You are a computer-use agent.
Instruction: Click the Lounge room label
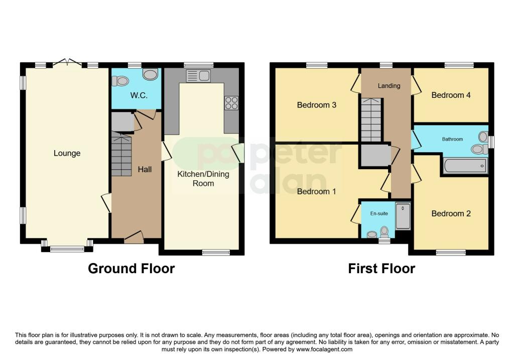pyautogui.click(x=67, y=153)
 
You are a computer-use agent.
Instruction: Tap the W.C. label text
pyautogui.click(x=139, y=95)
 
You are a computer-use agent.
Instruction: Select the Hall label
pyautogui.click(x=145, y=169)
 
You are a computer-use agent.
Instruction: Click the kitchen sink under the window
pyautogui.click(x=198, y=76)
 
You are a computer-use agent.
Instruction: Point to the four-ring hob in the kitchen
pyautogui.click(x=231, y=102)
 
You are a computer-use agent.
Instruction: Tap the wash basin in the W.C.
pyautogui.click(x=151, y=74)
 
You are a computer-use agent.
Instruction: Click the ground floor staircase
pyautogui.click(x=121, y=154)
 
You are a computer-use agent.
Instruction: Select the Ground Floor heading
pyautogui.click(x=131, y=269)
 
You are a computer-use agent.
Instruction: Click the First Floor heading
pyautogui.click(x=381, y=269)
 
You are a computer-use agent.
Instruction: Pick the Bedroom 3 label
pyautogui.click(x=316, y=105)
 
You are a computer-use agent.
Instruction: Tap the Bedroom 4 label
pyautogui.click(x=451, y=95)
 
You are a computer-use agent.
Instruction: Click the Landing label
pyautogui.click(x=389, y=86)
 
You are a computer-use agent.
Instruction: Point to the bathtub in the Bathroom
pyautogui.click(x=465, y=166)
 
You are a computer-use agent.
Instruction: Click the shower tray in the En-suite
pyautogui.click(x=403, y=216)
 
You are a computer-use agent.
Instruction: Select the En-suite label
pyautogui.click(x=379, y=213)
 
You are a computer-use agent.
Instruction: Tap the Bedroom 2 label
pyautogui.click(x=451, y=213)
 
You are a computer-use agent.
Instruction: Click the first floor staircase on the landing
pyautogui.click(x=371, y=119)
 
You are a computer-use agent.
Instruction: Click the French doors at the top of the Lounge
pyautogui.click(x=67, y=62)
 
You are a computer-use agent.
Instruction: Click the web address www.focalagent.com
pyautogui.click(x=324, y=349)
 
